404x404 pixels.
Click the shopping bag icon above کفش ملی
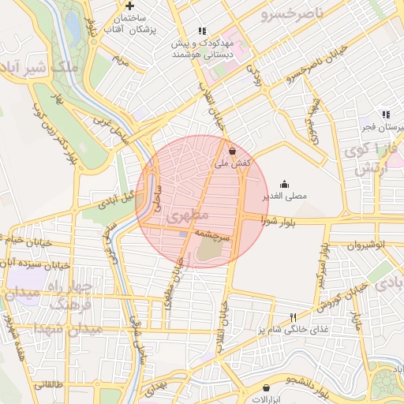232,150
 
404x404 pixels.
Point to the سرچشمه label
209,234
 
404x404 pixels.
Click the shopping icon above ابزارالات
271,387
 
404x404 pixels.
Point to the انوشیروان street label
363,245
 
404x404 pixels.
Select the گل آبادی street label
115,199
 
